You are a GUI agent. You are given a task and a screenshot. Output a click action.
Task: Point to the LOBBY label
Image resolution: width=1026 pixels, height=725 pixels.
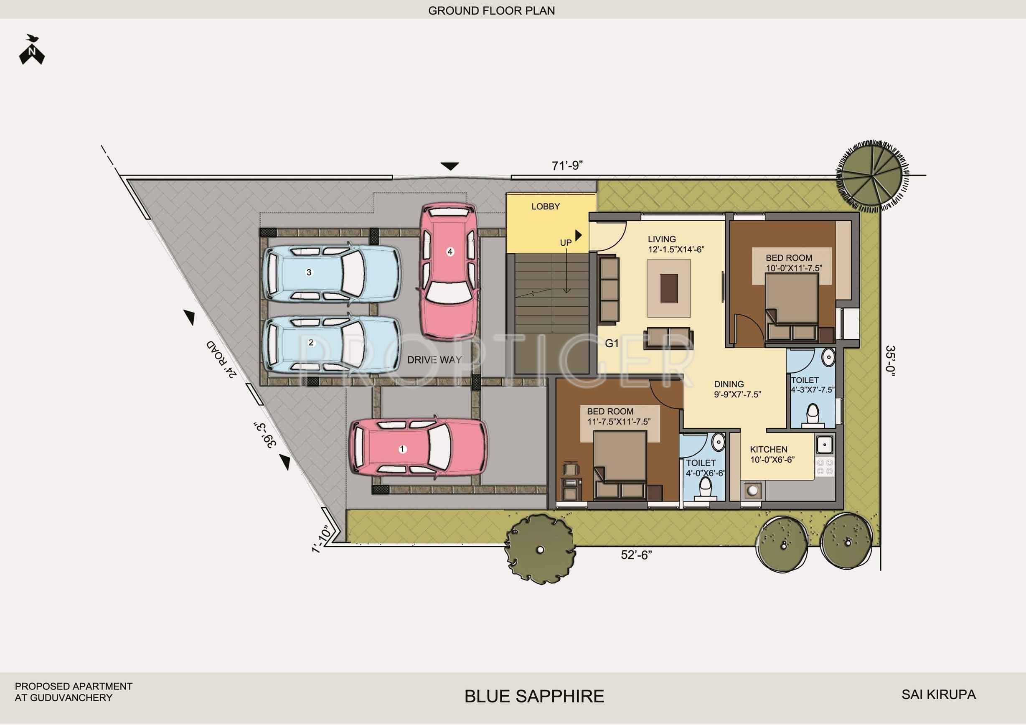tap(546, 206)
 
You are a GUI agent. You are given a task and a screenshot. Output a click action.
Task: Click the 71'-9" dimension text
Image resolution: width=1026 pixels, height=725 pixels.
tap(567, 166)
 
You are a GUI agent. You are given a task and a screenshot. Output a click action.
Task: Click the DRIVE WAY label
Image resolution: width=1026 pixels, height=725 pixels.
tap(434, 360)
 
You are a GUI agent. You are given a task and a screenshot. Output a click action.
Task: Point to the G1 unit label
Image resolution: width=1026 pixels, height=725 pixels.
tap(612, 343)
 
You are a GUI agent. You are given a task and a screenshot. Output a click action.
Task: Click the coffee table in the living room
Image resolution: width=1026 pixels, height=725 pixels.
tap(669, 288)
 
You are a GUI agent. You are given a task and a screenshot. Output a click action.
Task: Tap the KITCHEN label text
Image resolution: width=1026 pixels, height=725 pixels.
tap(769, 449)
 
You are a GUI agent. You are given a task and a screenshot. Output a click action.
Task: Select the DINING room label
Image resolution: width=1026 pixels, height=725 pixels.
tap(729, 384)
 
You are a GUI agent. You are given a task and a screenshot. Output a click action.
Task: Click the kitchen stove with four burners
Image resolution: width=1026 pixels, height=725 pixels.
tap(825, 466)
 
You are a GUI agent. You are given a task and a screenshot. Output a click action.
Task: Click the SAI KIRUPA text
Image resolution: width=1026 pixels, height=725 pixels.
tap(938, 694)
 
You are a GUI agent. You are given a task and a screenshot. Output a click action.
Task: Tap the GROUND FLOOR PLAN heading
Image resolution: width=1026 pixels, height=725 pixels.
tap(492, 11)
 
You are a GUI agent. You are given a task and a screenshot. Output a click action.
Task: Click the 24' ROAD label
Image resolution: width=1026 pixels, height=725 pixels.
tap(222, 359)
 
